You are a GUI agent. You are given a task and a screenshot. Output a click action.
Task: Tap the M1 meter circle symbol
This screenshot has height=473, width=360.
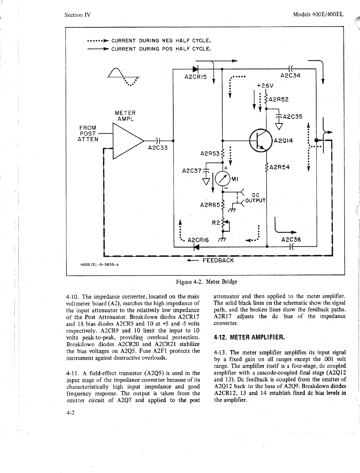coord(223,179)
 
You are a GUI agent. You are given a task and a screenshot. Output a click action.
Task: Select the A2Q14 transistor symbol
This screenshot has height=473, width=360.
coord(261,141)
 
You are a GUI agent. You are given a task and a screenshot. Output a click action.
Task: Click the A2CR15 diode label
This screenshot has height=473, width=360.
coord(196,77)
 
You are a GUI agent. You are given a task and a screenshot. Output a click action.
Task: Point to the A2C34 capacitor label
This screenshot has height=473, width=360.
coord(291,76)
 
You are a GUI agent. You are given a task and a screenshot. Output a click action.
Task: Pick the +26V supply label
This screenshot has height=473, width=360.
coord(265,85)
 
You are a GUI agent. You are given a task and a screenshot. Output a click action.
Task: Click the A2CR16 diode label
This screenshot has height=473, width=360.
coord(198,240)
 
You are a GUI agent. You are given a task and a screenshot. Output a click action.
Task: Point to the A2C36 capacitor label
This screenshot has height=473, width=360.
coord(291,240)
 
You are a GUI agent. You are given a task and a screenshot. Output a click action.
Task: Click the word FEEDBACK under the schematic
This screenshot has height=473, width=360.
coord(218,260)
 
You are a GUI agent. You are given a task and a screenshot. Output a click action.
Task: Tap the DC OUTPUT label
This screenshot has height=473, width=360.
coord(255,198)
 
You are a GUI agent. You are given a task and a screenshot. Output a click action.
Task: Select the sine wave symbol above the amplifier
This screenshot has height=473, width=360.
coord(124,77)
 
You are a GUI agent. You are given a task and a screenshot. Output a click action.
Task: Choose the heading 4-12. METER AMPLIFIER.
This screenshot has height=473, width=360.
coord(249,338)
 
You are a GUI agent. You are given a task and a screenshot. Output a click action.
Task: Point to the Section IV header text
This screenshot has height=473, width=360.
coord(78,15)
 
